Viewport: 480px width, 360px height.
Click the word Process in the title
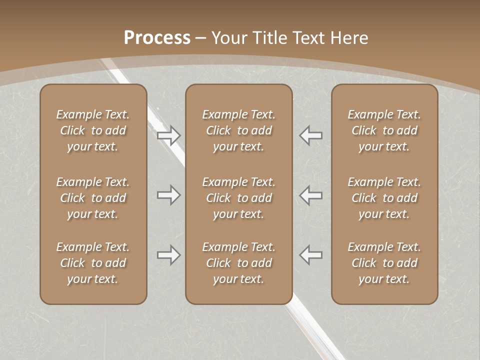(157, 38)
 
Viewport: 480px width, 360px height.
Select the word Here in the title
(349, 38)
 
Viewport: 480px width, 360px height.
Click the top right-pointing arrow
(168, 135)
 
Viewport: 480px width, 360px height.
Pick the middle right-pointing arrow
(168, 195)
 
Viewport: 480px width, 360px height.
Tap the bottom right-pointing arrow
(168, 255)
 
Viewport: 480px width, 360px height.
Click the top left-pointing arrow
(310, 135)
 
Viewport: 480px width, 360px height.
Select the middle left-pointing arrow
(310, 195)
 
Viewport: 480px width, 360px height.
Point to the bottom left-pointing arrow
(310, 255)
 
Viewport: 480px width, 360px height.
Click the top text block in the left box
(93, 130)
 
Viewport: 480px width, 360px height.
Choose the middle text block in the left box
(93, 198)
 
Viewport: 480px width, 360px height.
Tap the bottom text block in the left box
(93, 263)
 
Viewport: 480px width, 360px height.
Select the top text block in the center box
(238, 130)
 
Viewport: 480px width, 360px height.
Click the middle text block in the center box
(238, 198)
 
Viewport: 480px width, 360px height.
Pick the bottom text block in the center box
(238, 263)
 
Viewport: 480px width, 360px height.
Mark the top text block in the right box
(384, 130)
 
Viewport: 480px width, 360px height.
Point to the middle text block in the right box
(384, 198)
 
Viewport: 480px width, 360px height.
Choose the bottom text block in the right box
(384, 263)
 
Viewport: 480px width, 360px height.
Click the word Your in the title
(229, 38)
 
